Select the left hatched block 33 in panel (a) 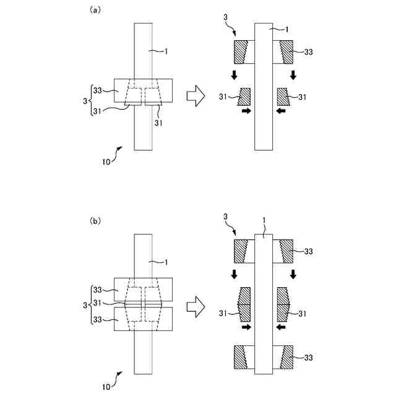(241, 52)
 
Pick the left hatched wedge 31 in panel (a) (243, 96)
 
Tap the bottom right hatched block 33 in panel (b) (286, 357)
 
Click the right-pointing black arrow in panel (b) (246, 327)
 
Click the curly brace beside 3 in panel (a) (90, 99)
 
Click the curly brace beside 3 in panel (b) (90, 304)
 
